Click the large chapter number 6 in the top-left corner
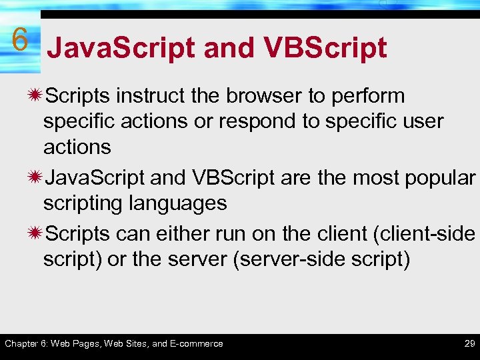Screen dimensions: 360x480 click(x=20, y=40)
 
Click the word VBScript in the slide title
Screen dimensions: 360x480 click(x=325, y=48)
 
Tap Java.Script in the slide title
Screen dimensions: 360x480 click(x=121, y=48)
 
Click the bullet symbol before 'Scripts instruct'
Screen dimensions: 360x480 click(x=34, y=96)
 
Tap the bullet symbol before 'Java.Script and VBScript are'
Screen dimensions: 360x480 click(x=34, y=179)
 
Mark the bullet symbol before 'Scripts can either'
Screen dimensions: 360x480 click(x=34, y=234)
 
